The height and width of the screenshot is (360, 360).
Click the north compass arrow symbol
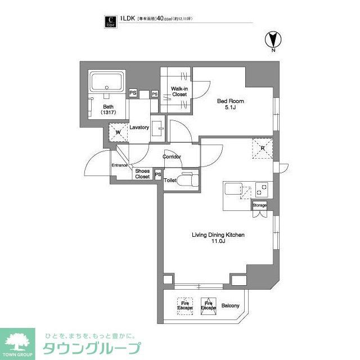(x=272, y=41)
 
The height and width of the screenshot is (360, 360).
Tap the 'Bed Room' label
(x=231, y=101)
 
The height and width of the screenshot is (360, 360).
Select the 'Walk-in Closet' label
(x=179, y=91)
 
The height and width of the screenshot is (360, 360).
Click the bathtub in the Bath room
(x=107, y=83)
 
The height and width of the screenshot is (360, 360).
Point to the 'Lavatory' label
(x=139, y=128)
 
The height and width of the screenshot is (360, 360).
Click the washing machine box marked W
(x=118, y=133)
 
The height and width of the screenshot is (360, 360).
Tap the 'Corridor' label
(x=172, y=156)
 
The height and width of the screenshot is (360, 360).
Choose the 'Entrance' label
(x=119, y=165)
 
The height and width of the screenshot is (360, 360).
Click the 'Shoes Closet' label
(x=142, y=173)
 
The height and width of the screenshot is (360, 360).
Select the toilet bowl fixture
(x=188, y=179)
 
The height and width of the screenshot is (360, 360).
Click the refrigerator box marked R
(x=262, y=148)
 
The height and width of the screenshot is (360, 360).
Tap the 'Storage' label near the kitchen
(x=259, y=206)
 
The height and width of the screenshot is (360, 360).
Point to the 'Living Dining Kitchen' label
(x=219, y=236)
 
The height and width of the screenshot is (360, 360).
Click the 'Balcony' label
(x=230, y=306)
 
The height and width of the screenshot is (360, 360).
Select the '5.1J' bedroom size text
(x=231, y=108)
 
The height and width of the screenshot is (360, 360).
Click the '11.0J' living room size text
(x=219, y=243)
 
